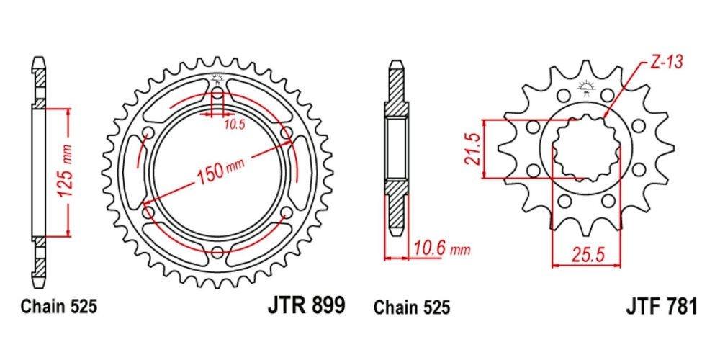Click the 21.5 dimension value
click(473, 148)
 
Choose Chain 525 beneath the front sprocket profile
click(412, 307)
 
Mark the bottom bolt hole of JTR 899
click(218, 251)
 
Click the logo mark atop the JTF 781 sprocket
click(584, 90)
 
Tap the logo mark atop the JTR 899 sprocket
click(218, 80)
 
